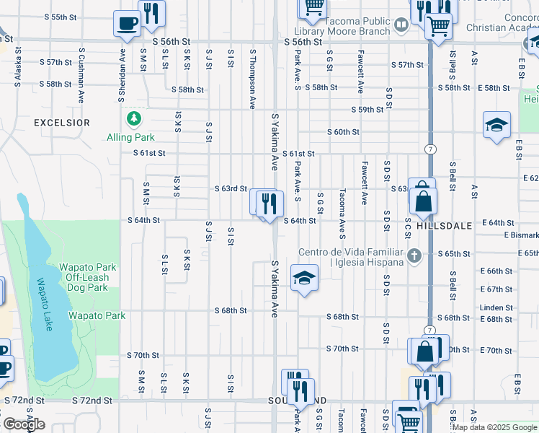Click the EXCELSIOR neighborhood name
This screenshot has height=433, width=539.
[62, 123]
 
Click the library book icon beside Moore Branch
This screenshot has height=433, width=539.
[401, 27]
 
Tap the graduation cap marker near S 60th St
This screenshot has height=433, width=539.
[496, 126]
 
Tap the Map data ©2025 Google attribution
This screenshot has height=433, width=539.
[494, 427]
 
